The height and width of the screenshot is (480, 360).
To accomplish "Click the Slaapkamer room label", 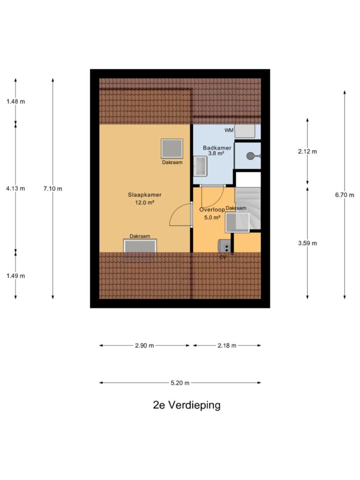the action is pos(144,195).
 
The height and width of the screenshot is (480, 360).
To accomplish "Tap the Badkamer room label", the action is pos(217,148).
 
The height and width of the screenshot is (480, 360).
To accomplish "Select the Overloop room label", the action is pos(212,210).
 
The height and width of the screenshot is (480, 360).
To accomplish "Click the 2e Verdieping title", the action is pos(187,405).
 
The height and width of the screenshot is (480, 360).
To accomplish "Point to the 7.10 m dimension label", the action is pos(52,188).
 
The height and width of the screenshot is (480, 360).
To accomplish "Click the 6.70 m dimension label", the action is pos(345,195).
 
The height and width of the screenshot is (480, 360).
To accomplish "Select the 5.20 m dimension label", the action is pos(180,382).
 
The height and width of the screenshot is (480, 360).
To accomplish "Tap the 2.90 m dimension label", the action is pos(144,345).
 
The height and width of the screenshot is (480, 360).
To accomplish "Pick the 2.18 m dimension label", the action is pos(227,345).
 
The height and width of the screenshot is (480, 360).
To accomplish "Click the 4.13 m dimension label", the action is pos(15,188).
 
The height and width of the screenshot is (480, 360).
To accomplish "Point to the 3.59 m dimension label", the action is pos(307,243).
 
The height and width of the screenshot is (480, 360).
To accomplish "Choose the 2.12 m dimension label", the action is pos(307,151).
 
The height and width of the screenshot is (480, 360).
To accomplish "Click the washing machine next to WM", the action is pos(245,131).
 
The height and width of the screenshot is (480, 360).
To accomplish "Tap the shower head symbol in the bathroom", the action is pos(252,156).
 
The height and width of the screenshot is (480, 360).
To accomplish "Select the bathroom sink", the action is pos(200,166).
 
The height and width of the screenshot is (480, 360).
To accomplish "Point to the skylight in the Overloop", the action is pos(238,222).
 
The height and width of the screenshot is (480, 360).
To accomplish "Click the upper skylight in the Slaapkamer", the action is pos(172,149).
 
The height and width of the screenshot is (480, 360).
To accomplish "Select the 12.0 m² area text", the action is pos(144,202).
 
